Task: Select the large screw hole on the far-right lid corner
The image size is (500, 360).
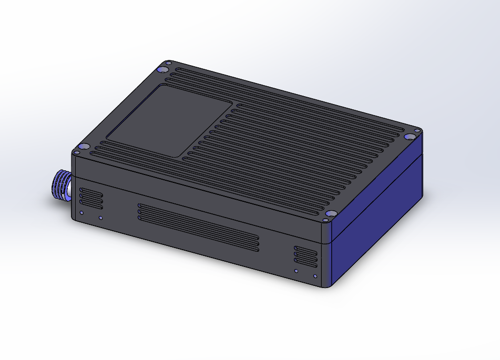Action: click(x=409, y=137)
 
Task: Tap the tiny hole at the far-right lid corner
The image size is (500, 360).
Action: click(x=417, y=130)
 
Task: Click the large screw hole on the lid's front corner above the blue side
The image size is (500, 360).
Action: click(x=331, y=214)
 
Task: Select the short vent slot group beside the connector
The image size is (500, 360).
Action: click(x=91, y=198)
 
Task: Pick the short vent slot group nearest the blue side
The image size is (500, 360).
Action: click(x=305, y=256)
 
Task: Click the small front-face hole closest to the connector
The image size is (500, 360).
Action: click(x=81, y=213)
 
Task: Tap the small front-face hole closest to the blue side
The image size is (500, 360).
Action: click(x=315, y=276)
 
